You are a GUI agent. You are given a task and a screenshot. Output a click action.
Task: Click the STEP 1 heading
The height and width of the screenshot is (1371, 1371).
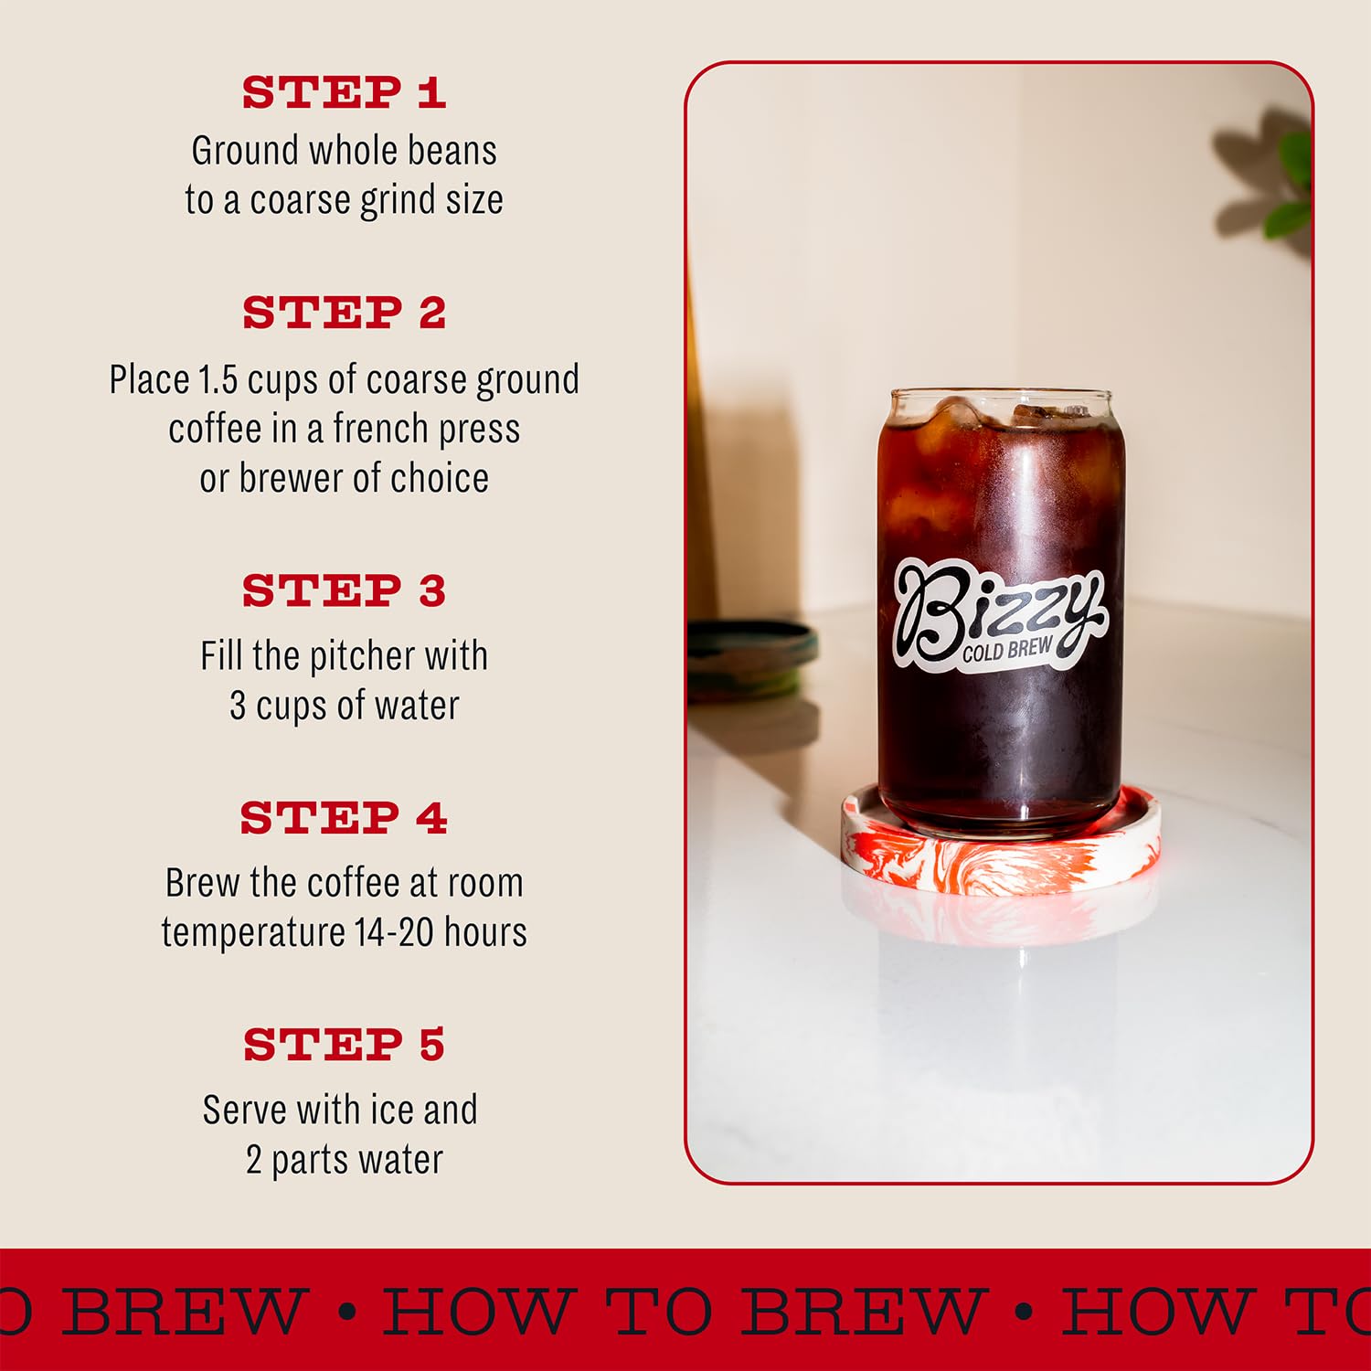click(x=344, y=92)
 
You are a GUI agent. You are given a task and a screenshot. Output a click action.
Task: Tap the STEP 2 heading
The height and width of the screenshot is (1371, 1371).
click(x=344, y=313)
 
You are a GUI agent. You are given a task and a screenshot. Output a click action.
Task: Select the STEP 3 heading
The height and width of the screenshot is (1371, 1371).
click(x=344, y=590)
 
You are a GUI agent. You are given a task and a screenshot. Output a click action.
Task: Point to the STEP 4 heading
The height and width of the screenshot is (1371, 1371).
click(x=344, y=817)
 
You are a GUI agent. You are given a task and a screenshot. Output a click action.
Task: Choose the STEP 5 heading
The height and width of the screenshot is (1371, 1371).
click(x=344, y=1045)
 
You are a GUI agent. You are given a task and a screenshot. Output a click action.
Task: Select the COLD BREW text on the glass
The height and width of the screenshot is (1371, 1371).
click(x=1006, y=650)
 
